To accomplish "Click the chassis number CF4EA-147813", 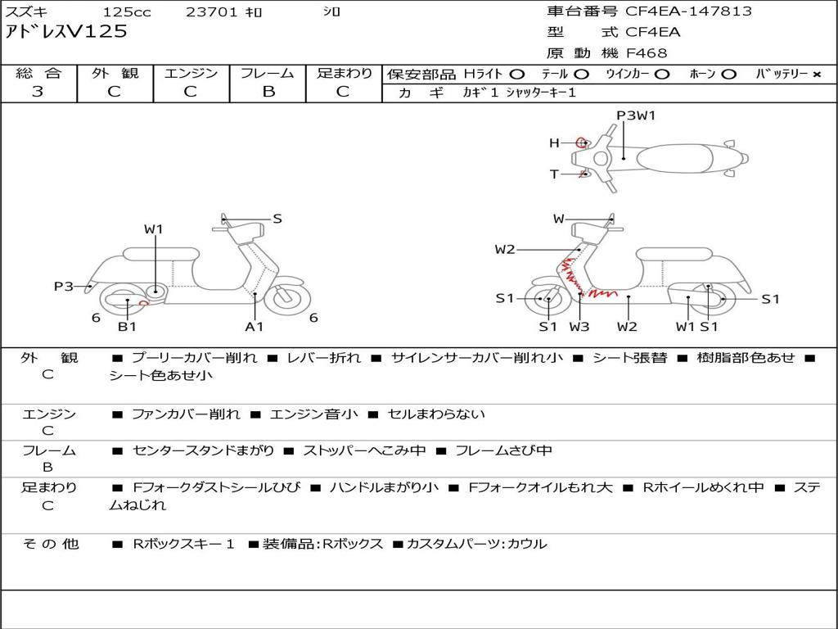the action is point(688,11).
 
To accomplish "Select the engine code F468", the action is point(647,53).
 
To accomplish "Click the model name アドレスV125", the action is point(66,32).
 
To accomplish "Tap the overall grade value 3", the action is point(38,92).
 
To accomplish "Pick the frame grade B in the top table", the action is point(268,92).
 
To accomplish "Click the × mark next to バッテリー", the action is point(817,75).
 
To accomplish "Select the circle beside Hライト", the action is point(517,75).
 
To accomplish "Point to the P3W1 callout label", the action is point(636,115).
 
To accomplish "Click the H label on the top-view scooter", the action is point(554,143).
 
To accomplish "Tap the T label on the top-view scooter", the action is point(554,174).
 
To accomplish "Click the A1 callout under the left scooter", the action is point(255,326).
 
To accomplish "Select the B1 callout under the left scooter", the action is point(127,326).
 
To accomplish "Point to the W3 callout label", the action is point(579,326).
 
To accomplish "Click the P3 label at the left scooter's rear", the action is point(64,287).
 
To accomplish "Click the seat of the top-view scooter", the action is point(674,159).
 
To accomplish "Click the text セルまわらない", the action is point(436,414).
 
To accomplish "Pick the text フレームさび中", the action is point(503,451).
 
